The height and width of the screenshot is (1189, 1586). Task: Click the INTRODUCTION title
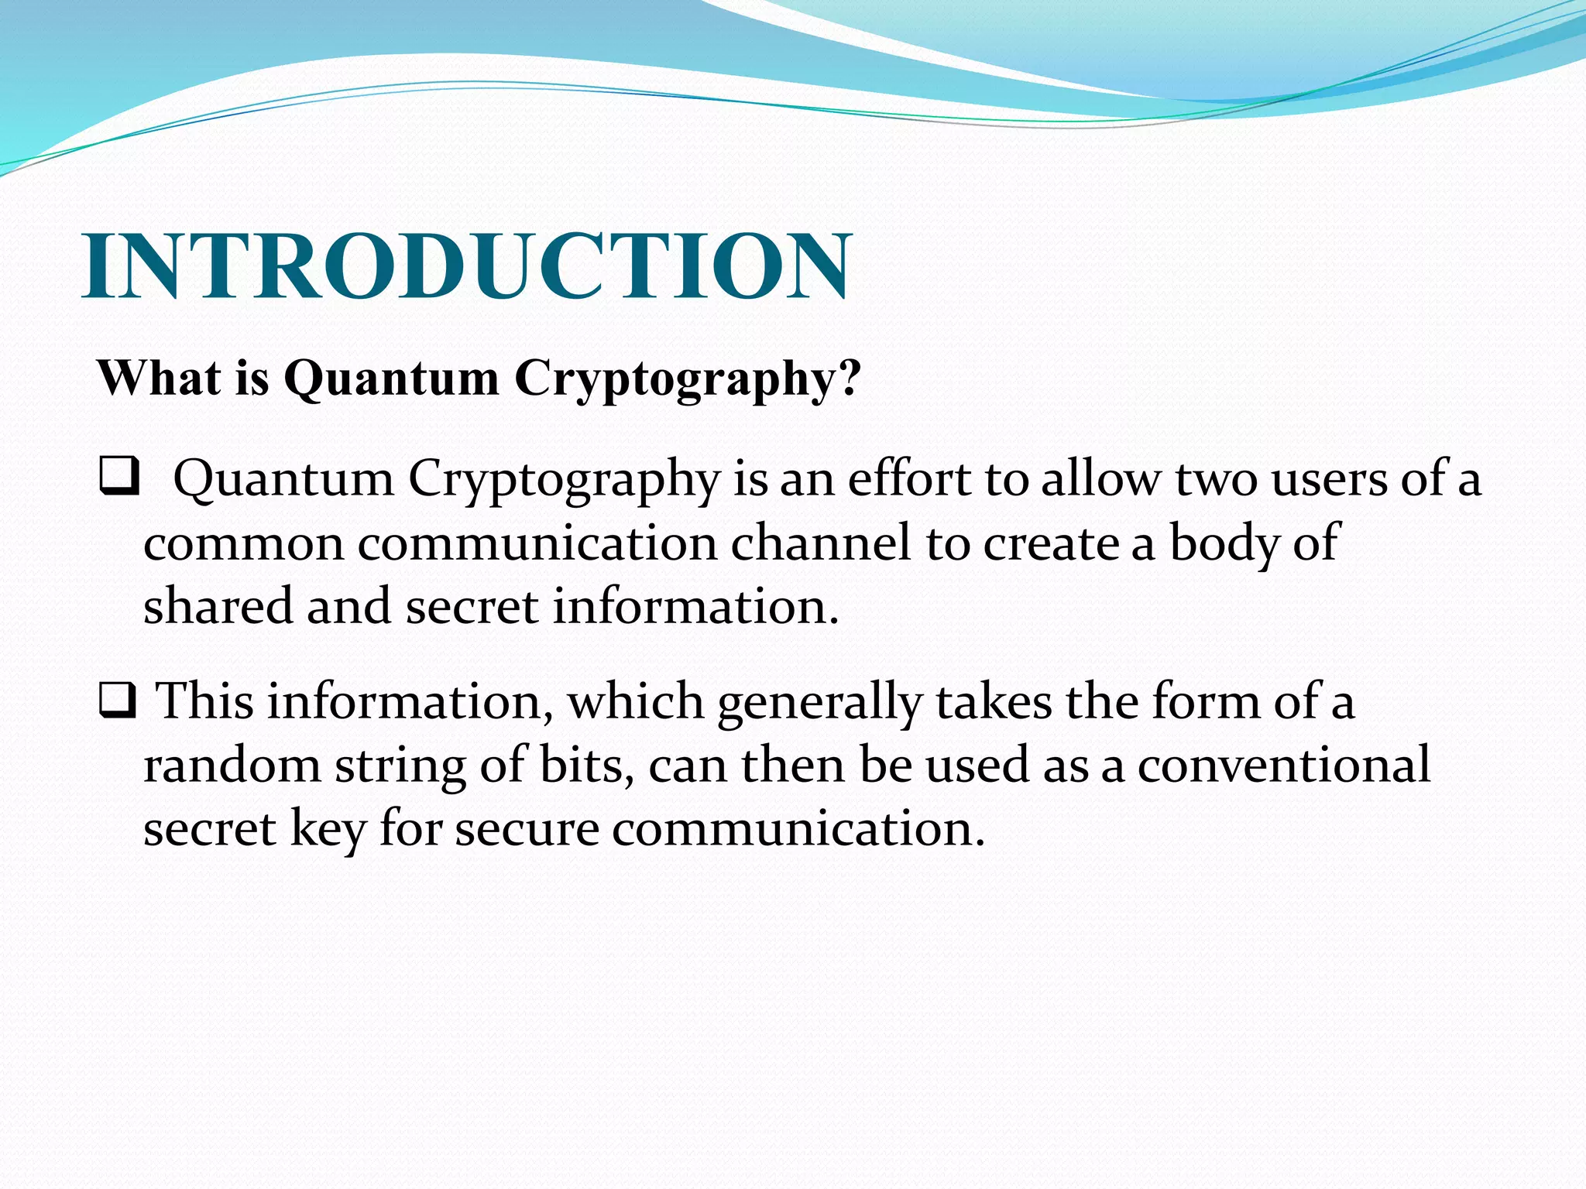coord(467,266)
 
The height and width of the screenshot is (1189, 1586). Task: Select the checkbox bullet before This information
coord(118,701)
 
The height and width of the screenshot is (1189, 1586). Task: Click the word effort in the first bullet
coord(908,479)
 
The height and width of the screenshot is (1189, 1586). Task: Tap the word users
coord(1328,479)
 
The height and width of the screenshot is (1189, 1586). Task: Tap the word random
coord(232,766)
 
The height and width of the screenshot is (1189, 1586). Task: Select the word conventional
coord(1283,766)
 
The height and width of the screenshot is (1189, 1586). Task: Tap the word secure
coord(527,829)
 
